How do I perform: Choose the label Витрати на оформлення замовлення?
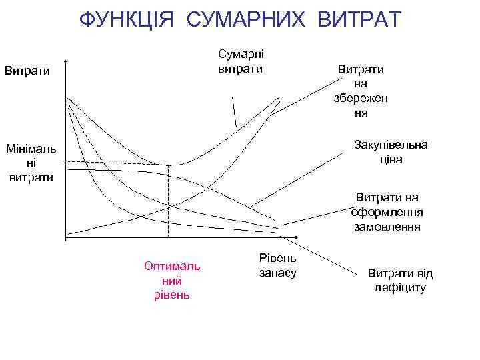(x=387, y=211)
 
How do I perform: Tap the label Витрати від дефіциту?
(x=400, y=280)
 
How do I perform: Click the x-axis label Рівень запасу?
(x=278, y=265)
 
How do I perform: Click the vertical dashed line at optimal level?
(x=168, y=200)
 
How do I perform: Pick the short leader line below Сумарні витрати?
(x=234, y=112)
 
